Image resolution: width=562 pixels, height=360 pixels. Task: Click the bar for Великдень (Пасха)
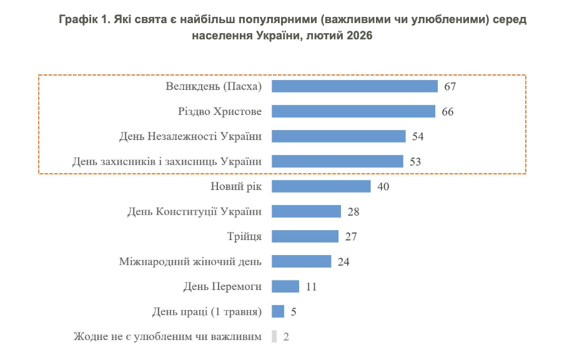tap(355, 86)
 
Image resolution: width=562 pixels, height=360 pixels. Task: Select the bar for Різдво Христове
tap(353, 111)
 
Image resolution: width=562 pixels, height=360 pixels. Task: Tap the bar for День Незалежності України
tap(339, 136)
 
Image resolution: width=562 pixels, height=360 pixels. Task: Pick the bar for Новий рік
tap(322, 186)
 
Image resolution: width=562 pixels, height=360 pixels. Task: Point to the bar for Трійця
tap(305, 236)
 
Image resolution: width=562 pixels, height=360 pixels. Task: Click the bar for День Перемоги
tap(285, 286)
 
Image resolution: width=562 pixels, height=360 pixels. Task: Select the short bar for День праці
tap(278, 311)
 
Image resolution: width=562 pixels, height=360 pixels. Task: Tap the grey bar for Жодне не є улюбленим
tap(274, 336)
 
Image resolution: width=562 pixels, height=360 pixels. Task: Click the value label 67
tap(450, 86)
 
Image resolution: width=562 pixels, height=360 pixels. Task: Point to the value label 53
tap(415, 161)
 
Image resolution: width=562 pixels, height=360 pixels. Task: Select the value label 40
tap(383, 186)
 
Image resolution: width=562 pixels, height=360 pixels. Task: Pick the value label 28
tap(353, 211)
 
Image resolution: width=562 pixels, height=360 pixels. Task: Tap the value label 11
tap(312, 286)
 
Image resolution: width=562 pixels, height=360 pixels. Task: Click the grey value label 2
tap(286, 336)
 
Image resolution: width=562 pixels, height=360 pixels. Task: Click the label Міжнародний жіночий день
tap(190, 261)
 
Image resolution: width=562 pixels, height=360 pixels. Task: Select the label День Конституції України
tap(194, 211)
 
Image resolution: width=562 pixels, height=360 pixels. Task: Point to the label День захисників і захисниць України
tap(167, 161)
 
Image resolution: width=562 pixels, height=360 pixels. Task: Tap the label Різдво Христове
tap(220, 111)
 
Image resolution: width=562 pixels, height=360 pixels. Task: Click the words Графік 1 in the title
tap(82, 19)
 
